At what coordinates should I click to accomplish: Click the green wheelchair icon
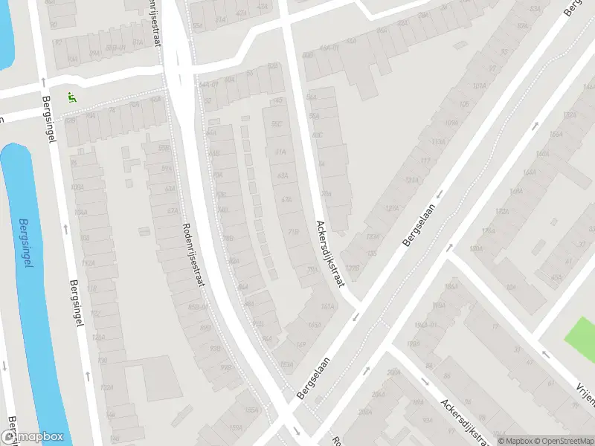point(71,97)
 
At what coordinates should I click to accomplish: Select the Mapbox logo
point(33,437)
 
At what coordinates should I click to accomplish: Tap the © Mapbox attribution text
point(515,441)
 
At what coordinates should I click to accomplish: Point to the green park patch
point(581,334)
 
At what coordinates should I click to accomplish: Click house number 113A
point(437,142)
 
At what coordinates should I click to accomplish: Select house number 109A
point(451,123)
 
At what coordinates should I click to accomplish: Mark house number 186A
point(449,287)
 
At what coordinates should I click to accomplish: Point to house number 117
point(425,161)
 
